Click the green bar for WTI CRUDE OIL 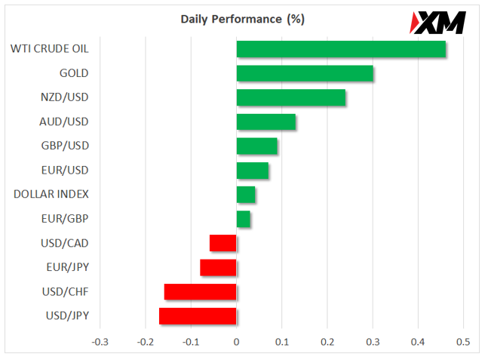point(341,49)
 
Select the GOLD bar point(305,73)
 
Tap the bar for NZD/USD point(291,97)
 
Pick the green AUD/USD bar point(266,122)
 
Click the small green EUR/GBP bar point(244,219)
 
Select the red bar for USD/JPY point(198,316)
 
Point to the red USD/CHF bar point(200,292)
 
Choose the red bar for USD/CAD point(223,243)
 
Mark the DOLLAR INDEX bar point(246,195)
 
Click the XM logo point(437,23)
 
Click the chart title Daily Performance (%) point(242,20)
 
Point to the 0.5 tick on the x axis point(463,342)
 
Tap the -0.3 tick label point(100,342)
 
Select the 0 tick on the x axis point(237,342)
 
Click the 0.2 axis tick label point(327,342)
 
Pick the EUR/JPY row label point(68,267)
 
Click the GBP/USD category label point(65,146)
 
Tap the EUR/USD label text point(65,171)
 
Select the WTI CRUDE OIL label point(50,49)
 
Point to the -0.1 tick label point(191,342)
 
